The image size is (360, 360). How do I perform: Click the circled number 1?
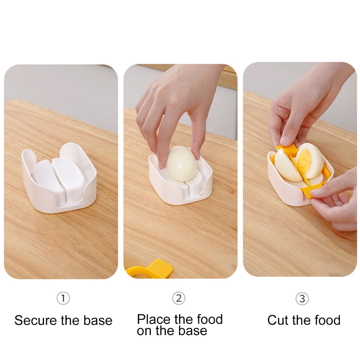coord(63,298)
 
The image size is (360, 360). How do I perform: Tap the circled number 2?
coord(179,298)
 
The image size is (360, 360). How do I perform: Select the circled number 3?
coord(302,298)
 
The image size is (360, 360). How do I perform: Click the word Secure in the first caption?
coord(36,320)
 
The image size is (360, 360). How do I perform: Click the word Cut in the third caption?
coord(278,320)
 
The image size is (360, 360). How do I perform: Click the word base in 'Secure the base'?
coord(98,320)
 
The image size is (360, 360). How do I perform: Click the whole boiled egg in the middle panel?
coord(181,163)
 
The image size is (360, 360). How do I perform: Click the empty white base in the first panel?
coord(59,178)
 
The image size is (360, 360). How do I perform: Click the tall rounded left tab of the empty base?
coord(27,161)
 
